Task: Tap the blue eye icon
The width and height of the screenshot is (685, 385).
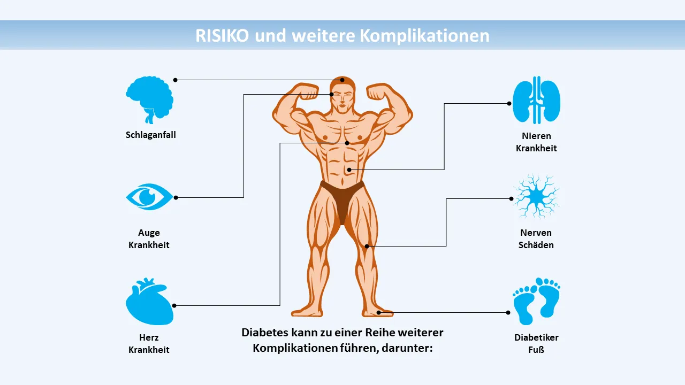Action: tap(149, 197)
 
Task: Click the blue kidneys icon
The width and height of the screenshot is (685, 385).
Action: tap(536, 100)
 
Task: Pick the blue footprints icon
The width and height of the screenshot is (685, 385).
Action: tap(536, 301)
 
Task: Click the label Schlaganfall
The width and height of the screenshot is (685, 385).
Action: tap(150, 135)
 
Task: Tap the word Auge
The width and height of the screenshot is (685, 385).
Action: tap(149, 233)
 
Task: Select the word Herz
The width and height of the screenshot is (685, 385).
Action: tap(149, 337)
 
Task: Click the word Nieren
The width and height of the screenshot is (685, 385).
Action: tap(536, 136)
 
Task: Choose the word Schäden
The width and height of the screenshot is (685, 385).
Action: tap(536, 245)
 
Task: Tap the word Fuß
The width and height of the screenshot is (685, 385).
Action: tap(536, 350)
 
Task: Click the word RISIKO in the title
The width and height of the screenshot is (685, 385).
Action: tap(222, 35)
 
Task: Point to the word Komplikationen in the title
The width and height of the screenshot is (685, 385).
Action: tap(424, 35)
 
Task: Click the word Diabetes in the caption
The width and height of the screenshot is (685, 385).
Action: tap(265, 333)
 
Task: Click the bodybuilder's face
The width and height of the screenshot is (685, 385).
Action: tap(342, 96)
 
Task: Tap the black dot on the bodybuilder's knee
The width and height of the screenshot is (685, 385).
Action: tap(367, 246)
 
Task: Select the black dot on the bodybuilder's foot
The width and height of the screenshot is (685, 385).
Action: tap(378, 312)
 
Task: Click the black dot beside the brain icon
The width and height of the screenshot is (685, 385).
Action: tap(175, 80)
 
